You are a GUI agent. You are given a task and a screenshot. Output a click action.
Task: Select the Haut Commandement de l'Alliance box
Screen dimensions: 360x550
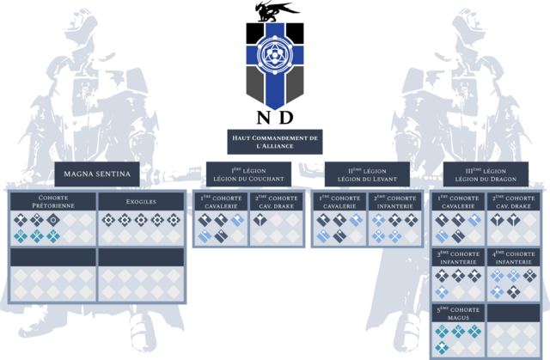coord(275,143)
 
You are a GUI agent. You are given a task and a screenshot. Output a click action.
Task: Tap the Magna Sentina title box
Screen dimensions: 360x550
coord(97,174)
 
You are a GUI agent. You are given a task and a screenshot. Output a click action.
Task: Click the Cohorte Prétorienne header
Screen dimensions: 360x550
coord(52,203)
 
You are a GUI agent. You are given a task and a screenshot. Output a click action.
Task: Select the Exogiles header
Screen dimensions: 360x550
coord(141,203)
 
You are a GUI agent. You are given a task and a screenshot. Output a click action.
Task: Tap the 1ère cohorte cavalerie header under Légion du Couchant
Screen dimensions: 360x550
coord(219,203)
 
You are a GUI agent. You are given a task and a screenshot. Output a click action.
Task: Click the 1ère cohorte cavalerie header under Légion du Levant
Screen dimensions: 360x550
coord(338,203)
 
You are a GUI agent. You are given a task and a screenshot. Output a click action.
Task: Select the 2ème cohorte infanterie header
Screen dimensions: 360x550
coord(394,203)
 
